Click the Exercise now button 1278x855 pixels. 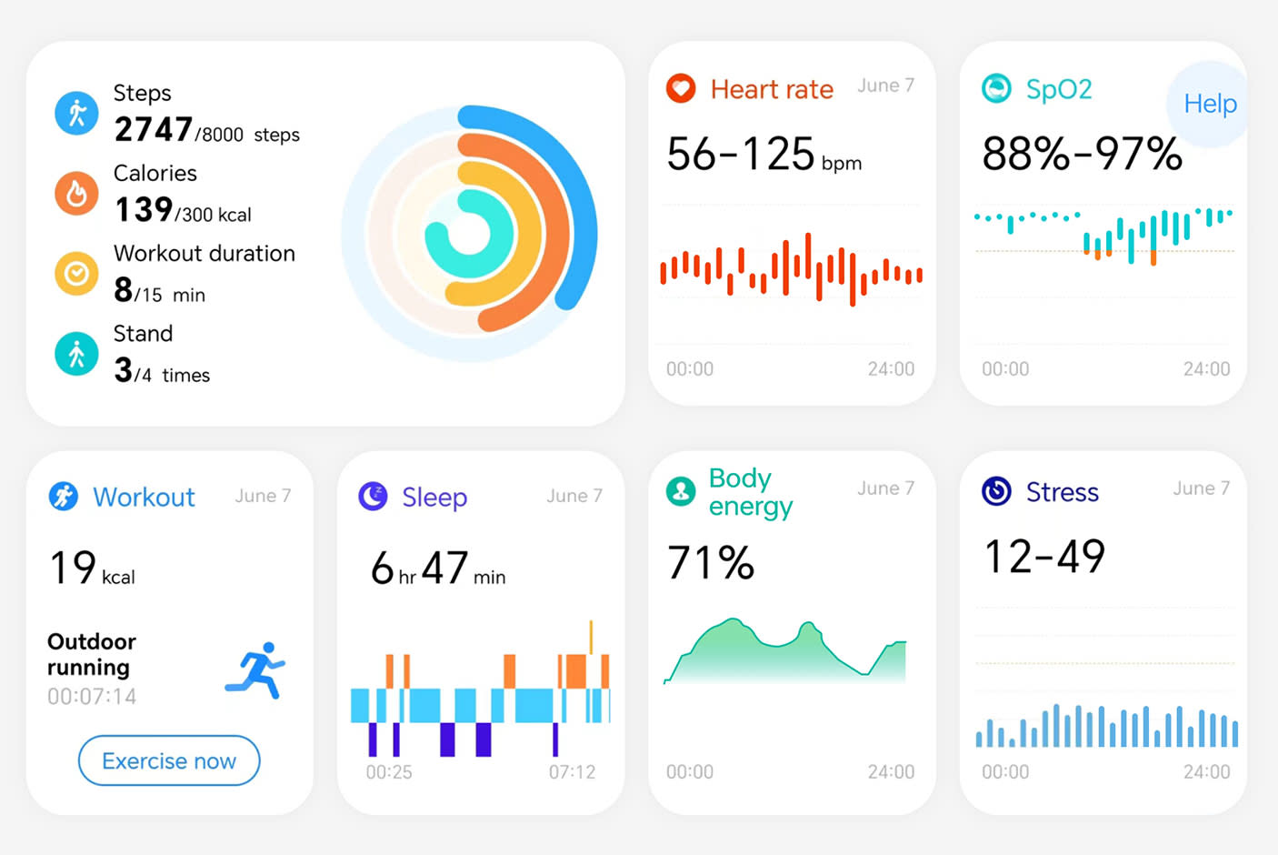[169, 760]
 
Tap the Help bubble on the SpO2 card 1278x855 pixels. [1209, 104]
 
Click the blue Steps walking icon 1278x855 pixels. [76, 113]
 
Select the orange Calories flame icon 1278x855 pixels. [76, 193]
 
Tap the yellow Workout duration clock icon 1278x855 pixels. [76, 273]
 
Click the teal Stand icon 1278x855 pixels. [76, 354]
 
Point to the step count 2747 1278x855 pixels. [153, 130]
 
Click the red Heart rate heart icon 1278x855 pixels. [681, 89]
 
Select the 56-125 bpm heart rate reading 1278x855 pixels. [763, 155]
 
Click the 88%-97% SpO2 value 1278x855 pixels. [1081, 155]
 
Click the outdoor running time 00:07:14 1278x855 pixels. [92, 697]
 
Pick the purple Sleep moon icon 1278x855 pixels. [373, 497]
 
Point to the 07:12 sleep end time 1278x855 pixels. [572, 772]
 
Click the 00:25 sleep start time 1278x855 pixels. [389, 772]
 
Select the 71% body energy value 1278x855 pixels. [710, 563]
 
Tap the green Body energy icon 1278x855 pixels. [681, 491]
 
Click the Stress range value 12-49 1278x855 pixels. [1044, 557]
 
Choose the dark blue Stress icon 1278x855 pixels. [996, 491]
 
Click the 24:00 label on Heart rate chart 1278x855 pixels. [891, 369]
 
